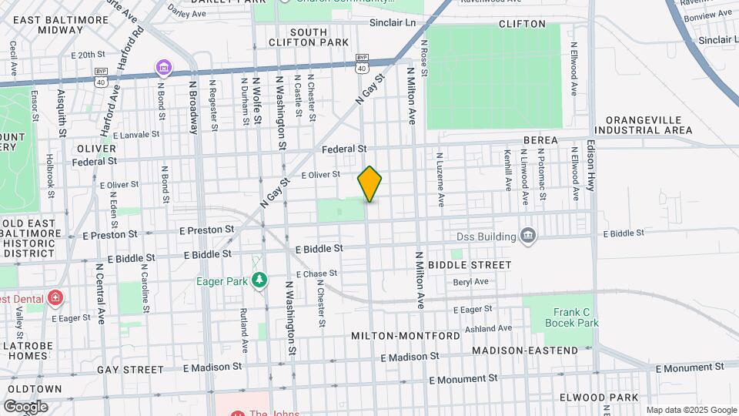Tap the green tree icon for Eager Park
coord(261,280)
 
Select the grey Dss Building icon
coord(528,235)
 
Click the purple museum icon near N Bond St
coord(163,69)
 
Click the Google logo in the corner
coord(25,407)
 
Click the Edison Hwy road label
coord(591,166)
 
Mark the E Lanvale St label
coord(135,134)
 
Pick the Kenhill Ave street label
coord(507,170)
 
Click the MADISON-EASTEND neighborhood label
coord(524,351)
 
